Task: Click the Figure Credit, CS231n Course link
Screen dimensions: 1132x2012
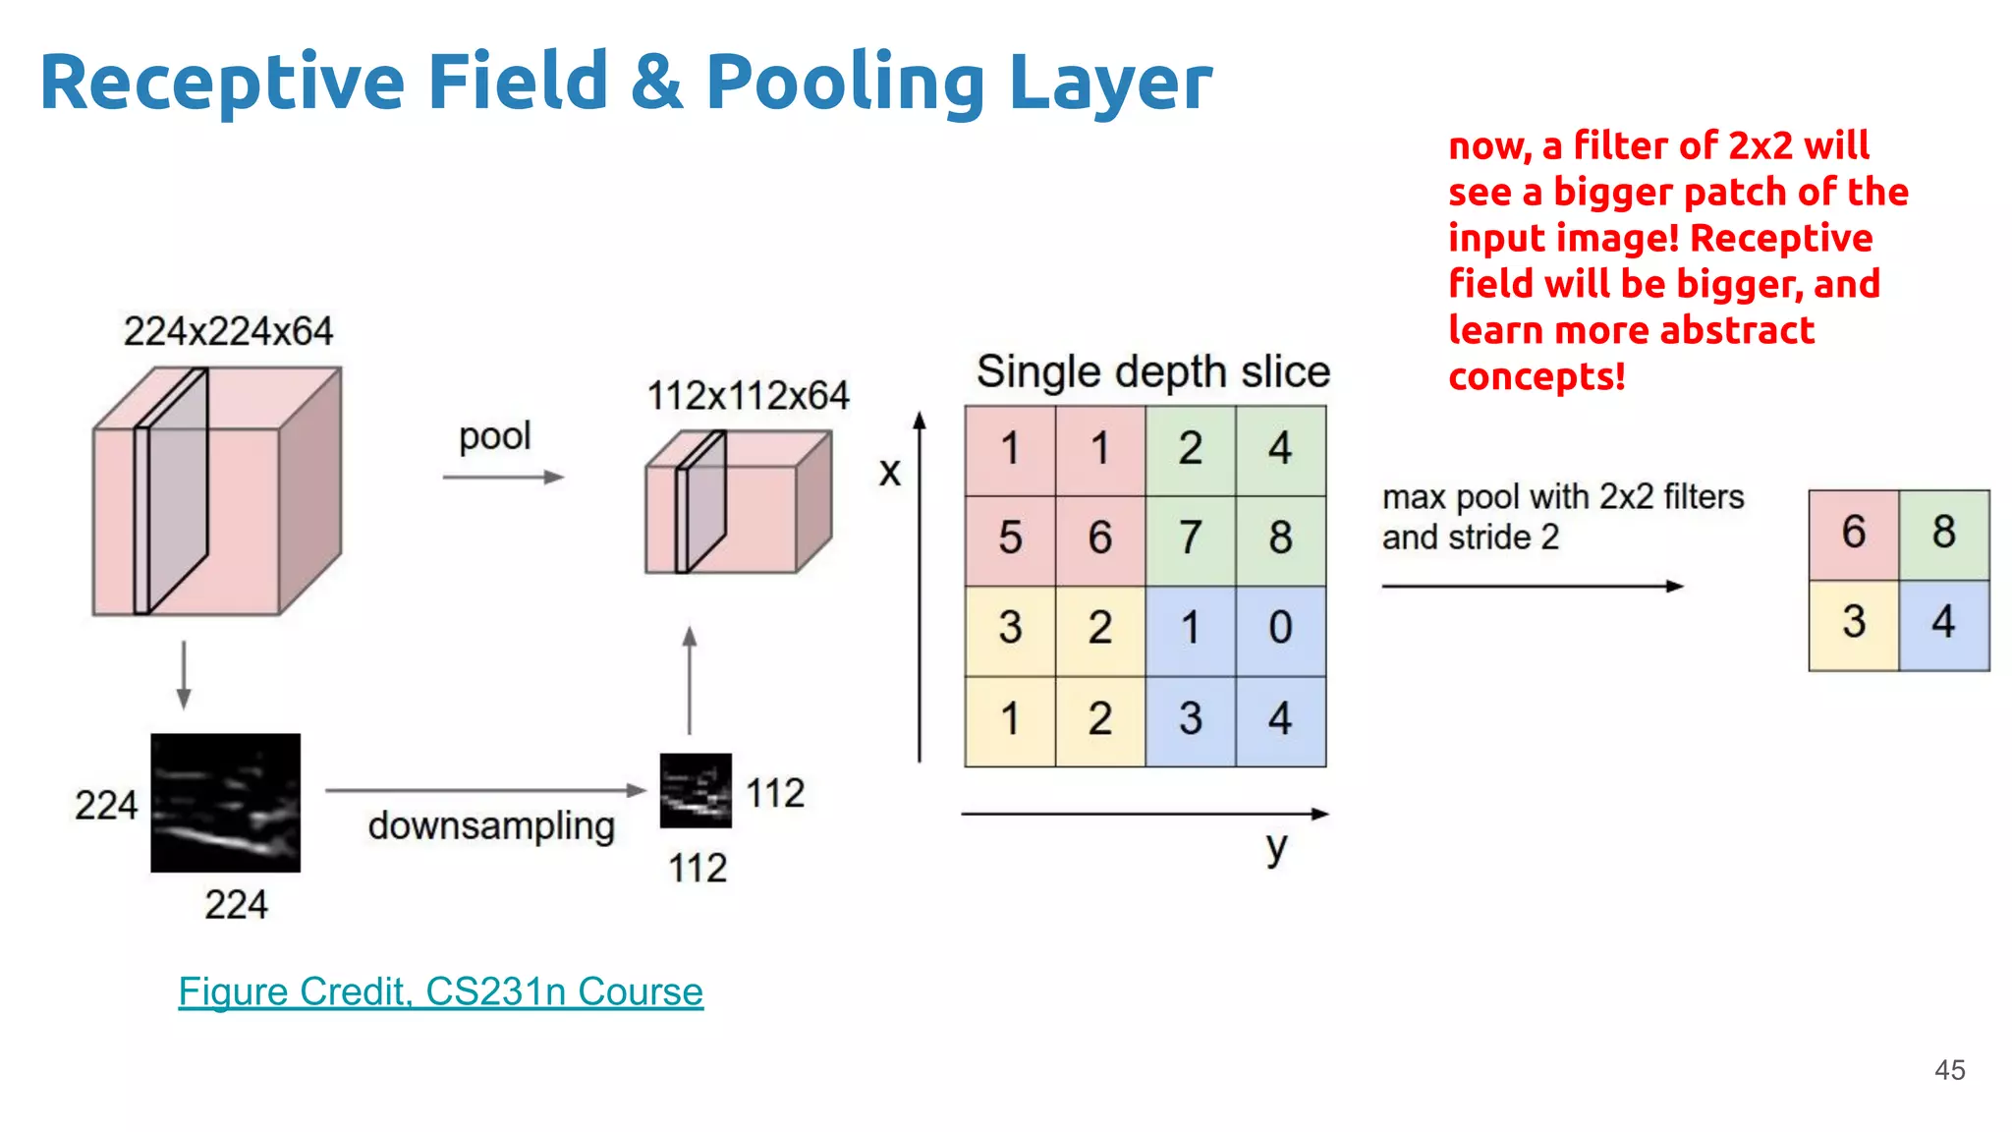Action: click(x=440, y=991)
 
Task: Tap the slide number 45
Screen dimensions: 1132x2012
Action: click(x=1949, y=1070)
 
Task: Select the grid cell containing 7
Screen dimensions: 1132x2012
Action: click(x=1190, y=538)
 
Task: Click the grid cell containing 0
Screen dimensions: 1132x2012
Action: click(x=1280, y=629)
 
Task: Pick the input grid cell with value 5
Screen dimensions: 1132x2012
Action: click(x=1010, y=538)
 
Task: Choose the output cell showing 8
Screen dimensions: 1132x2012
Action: click(x=1943, y=533)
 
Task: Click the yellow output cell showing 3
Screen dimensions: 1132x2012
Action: click(x=1853, y=623)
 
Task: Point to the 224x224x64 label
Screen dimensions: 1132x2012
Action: click(x=228, y=331)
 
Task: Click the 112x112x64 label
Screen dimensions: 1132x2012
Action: click(x=748, y=396)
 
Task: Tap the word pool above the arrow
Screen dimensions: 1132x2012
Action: click(x=494, y=436)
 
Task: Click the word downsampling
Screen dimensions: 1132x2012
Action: click(x=491, y=826)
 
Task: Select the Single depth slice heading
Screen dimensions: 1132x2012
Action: click(x=1152, y=372)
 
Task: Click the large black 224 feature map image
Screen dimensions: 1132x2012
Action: click(x=225, y=802)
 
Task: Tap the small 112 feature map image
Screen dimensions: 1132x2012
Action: click(x=696, y=790)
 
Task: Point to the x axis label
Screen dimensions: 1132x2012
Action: click(x=889, y=473)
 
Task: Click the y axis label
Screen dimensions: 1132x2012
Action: click(x=1275, y=847)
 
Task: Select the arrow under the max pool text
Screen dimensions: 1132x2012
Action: click(x=1532, y=587)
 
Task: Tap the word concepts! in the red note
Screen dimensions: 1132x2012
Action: click(x=1537, y=376)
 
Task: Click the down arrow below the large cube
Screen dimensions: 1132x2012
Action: click(x=184, y=675)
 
